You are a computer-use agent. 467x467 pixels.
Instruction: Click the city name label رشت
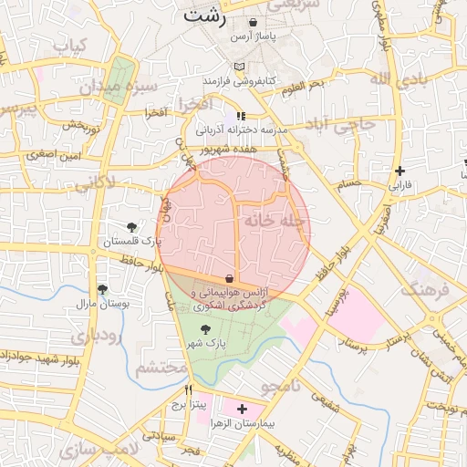pyautogui.click(x=202, y=16)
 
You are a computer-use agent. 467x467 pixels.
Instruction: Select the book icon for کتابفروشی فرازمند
pyautogui.click(x=239, y=67)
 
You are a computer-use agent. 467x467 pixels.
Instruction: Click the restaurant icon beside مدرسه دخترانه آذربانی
pyautogui.click(x=241, y=116)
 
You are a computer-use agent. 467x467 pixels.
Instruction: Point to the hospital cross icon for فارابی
pyautogui.click(x=400, y=171)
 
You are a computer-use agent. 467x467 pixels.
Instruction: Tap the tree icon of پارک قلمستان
pyautogui.click(x=132, y=226)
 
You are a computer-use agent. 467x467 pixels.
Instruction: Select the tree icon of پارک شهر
pyautogui.click(x=203, y=329)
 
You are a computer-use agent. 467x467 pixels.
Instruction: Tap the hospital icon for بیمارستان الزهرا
pyautogui.click(x=241, y=410)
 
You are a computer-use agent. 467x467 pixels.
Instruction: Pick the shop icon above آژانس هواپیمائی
pyautogui.click(x=228, y=278)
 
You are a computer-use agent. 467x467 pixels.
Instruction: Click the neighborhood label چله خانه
pyautogui.click(x=274, y=220)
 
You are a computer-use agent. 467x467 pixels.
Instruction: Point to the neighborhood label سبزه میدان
pyautogui.click(x=118, y=88)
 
